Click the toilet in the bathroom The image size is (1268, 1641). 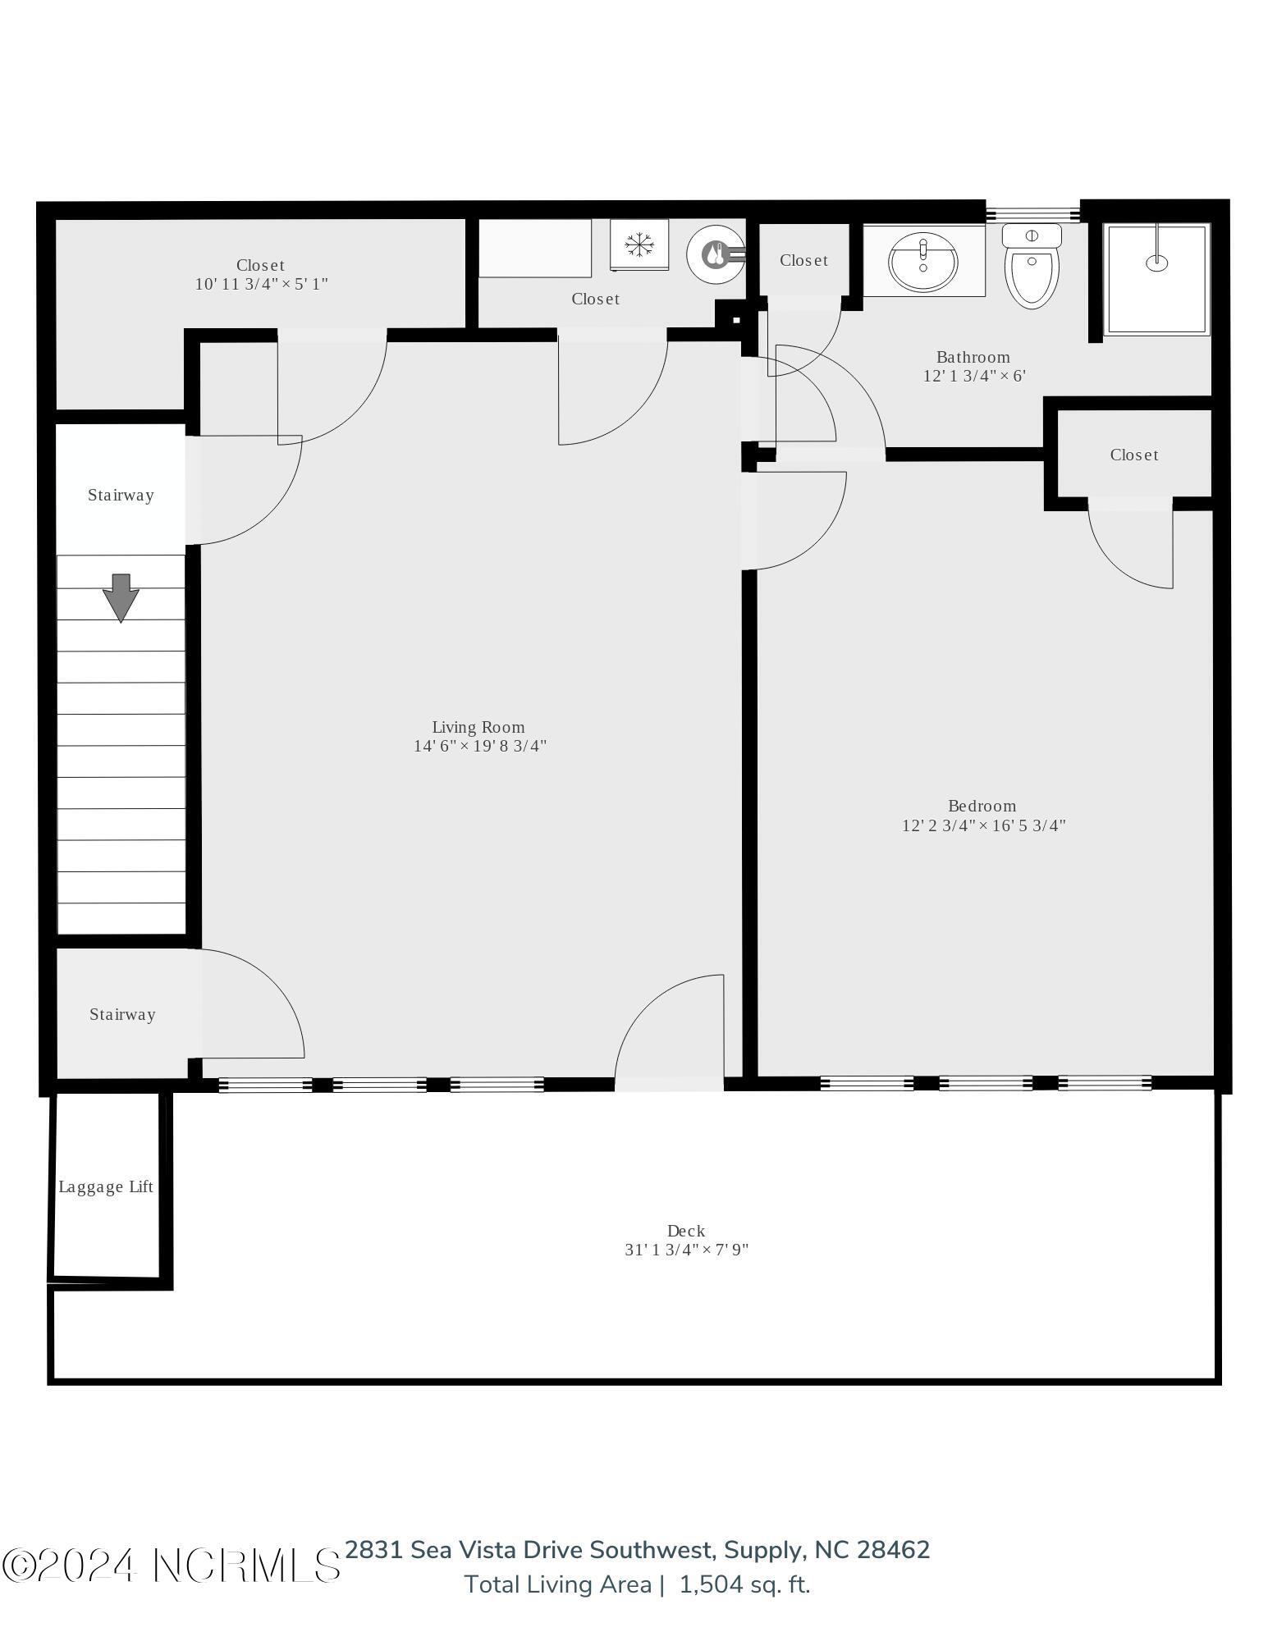(1032, 264)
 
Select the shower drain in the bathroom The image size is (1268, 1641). (1156, 263)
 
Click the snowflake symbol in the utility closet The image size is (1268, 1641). (639, 244)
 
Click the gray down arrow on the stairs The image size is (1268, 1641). (121, 597)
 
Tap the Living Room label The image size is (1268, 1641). (478, 727)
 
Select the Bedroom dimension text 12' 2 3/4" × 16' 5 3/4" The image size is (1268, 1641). (983, 825)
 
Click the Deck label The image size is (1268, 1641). (686, 1231)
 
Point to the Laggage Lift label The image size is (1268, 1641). (106, 1187)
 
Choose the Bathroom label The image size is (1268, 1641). (973, 357)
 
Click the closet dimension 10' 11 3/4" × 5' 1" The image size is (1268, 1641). (262, 284)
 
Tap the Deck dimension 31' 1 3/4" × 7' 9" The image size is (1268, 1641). (687, 1250)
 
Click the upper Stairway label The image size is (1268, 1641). (121, 495)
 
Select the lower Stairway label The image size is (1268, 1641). (122, 1014)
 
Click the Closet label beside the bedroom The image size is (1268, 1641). (1134, 455)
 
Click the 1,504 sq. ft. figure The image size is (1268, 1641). (744, 1584)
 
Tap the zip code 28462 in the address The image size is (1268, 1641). (894, 1550)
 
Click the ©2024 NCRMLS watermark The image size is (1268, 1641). (171, 1565)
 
